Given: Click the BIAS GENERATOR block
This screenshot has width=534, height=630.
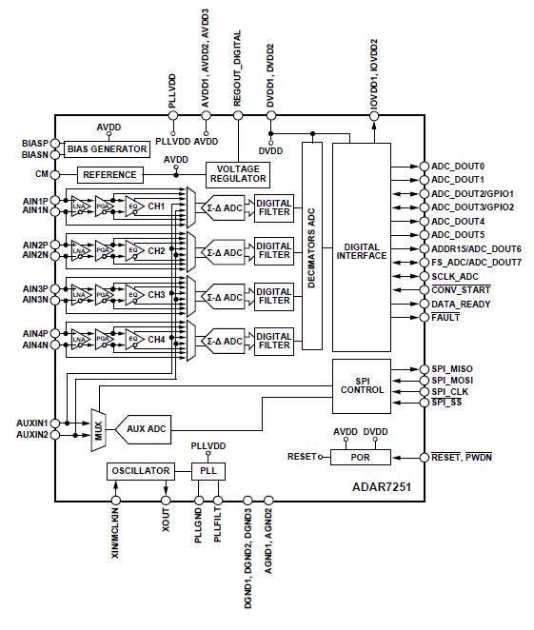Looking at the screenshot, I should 107,149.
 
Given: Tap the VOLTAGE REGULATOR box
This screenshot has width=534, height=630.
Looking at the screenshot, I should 238,174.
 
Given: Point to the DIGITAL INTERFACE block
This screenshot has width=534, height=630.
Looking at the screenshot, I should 361,249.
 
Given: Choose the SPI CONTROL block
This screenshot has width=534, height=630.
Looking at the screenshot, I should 361,385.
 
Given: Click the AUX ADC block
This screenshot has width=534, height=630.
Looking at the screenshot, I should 148,429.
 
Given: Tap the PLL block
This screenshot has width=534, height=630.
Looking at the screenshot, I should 207,471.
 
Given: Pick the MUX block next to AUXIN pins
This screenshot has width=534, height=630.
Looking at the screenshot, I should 97,429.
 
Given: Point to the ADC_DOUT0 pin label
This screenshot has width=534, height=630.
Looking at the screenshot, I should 458,165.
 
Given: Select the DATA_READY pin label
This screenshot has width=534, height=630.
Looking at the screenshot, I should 460,303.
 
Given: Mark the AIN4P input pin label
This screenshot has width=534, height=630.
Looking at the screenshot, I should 34,332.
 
